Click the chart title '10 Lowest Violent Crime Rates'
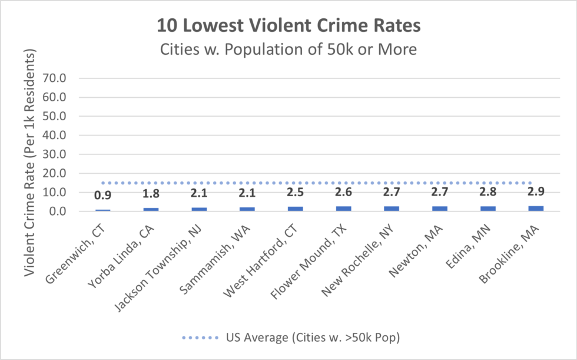[288, 25]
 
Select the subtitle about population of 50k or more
[288, 49]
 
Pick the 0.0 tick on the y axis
[59, 211]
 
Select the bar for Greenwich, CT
[102, 210]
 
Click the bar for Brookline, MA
[536, 208]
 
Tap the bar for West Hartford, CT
[295, 209]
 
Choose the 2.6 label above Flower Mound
[343, 193]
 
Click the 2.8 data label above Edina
[488, 193]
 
